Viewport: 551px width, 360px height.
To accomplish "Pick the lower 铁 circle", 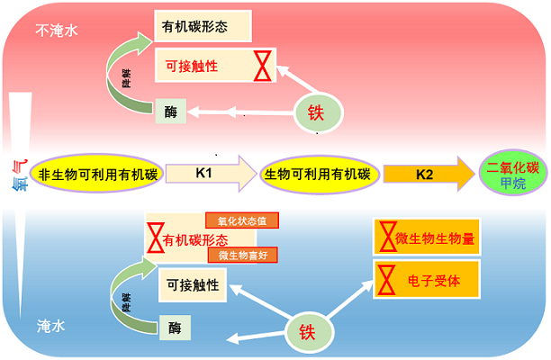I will coord(303,332).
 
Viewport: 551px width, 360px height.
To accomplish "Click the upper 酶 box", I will coord(172,112).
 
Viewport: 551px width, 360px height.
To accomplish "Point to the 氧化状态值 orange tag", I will coord(241,220).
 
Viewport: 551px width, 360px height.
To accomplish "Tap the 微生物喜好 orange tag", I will coord(241,255).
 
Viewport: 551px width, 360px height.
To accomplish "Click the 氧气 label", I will coord(19,171).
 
